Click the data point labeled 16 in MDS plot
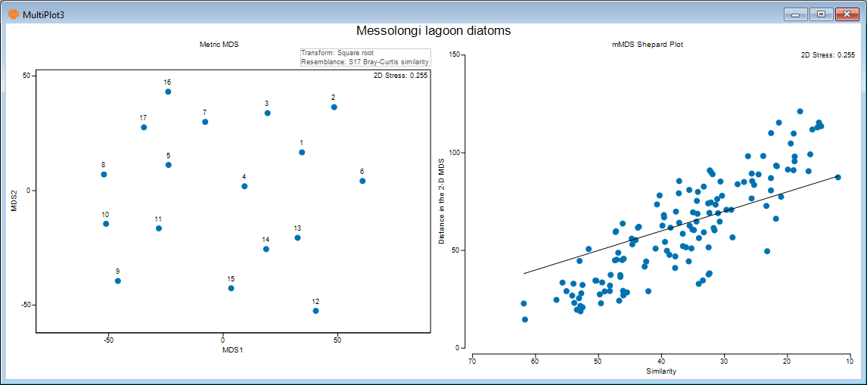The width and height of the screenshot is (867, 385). coord(168,92)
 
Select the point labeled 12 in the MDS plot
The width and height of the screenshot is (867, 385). coord(315,311)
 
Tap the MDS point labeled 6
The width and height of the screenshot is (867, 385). coord(362,181)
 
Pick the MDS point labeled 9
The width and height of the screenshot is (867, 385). coord(118,281)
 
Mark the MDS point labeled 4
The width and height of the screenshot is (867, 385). coord(244,186)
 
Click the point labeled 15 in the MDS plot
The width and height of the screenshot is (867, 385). coord(232,288)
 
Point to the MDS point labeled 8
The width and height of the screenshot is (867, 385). coord(104,175)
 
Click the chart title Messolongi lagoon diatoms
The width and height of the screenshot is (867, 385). coord(433,31)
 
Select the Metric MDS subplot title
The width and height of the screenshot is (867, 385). coord(219,45)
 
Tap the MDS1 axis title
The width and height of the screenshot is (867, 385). coord(232,350)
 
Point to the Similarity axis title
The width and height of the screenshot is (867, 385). coord(661,371)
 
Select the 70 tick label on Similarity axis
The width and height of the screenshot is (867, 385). coord(471,361)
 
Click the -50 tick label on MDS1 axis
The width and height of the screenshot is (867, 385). coord(108,340)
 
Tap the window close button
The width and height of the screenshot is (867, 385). coord(846,14)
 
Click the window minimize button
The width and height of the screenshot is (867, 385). coord(795,14)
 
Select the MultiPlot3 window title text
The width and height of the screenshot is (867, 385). coord(43,14)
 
